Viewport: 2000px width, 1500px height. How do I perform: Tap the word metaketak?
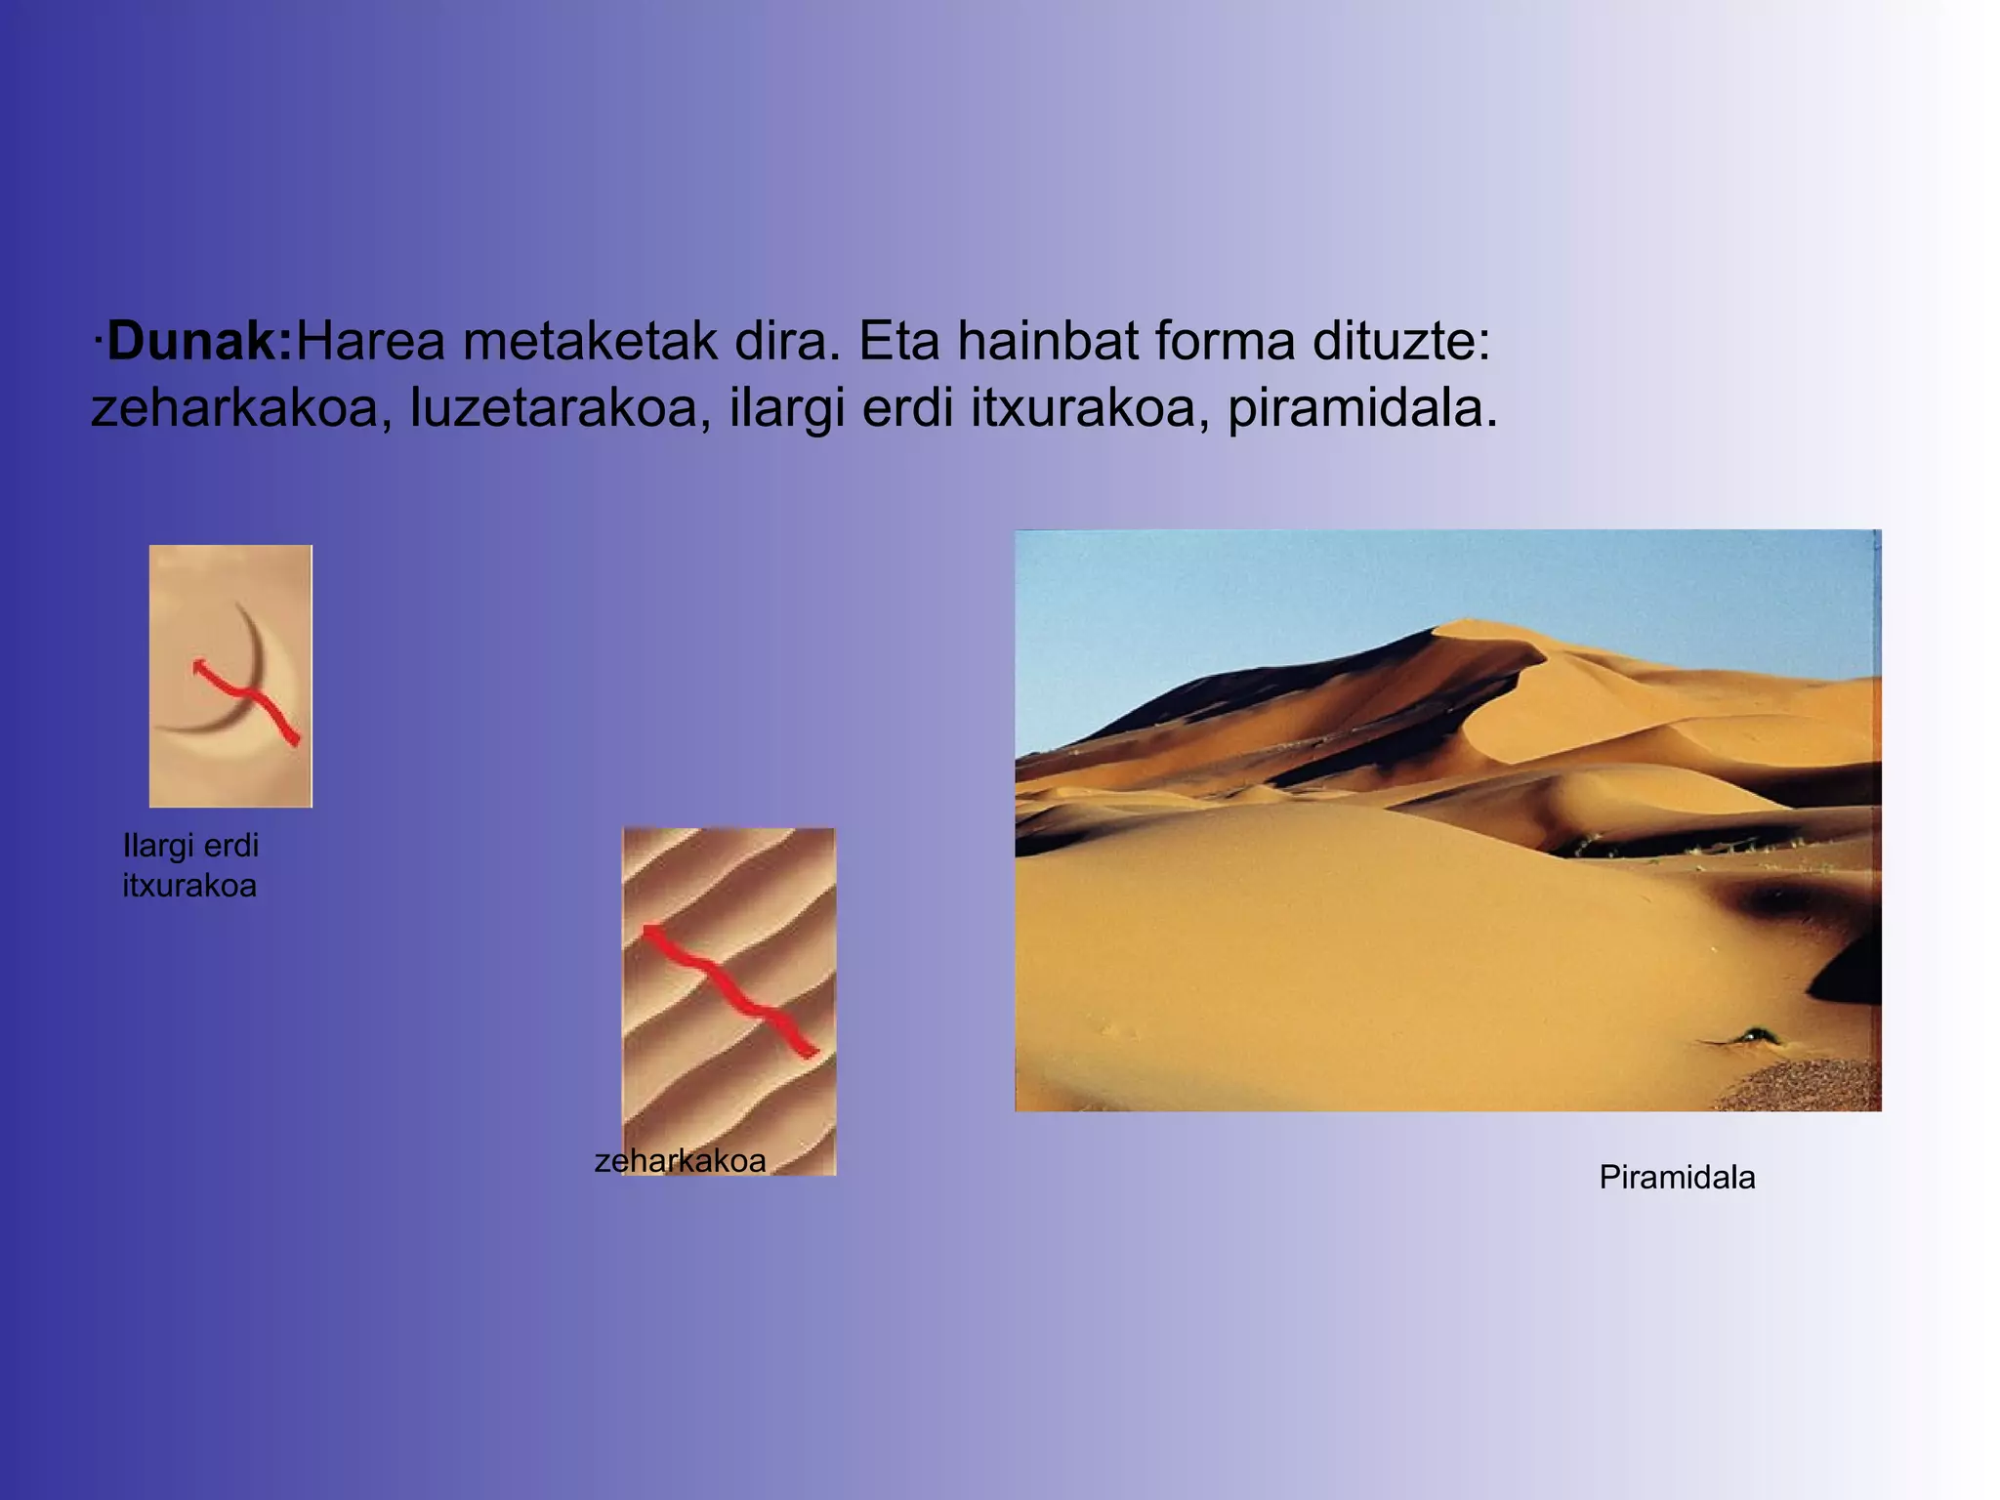point(590,342)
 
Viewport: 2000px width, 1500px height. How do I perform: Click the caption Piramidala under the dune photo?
point(1677,1178)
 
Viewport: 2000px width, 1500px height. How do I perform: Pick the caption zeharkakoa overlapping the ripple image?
point(680,1161)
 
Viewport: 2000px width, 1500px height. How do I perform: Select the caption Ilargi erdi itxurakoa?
point(190,865)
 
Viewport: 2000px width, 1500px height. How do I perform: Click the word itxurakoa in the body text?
point(1083,408)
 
